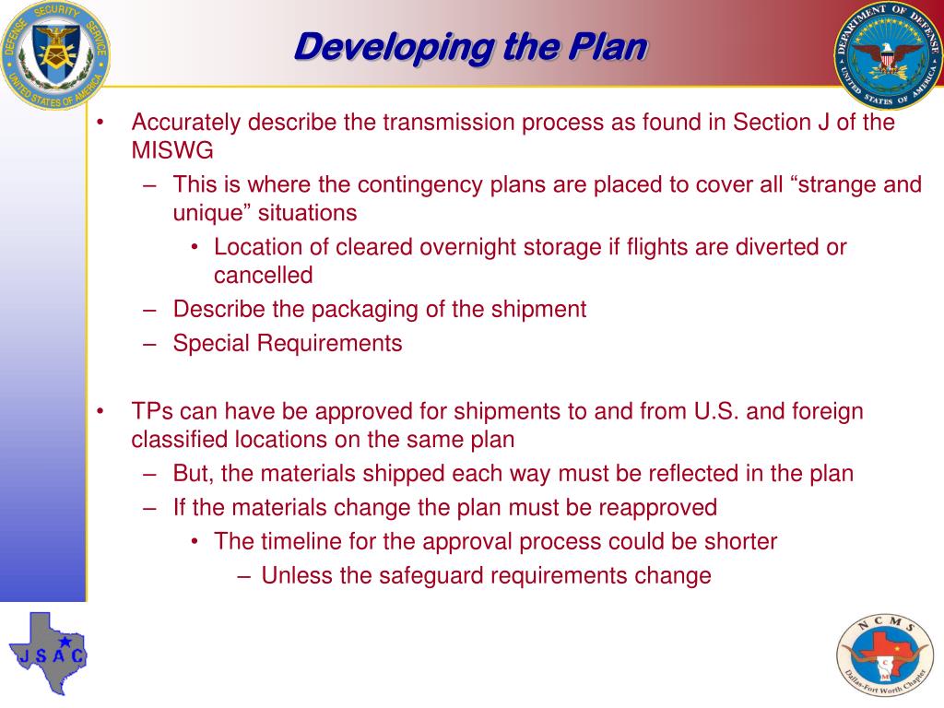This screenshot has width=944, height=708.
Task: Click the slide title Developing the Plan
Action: (x=470, y=47)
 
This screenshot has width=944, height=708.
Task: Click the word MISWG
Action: (x=172, y=151)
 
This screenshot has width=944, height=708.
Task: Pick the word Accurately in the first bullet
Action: (x=185, y=124)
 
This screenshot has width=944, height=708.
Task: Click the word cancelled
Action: (x=264, y=276)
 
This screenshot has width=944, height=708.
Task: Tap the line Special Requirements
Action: (x=288, y=344)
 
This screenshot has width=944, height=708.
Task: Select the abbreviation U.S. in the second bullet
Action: (x=714, y=411)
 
